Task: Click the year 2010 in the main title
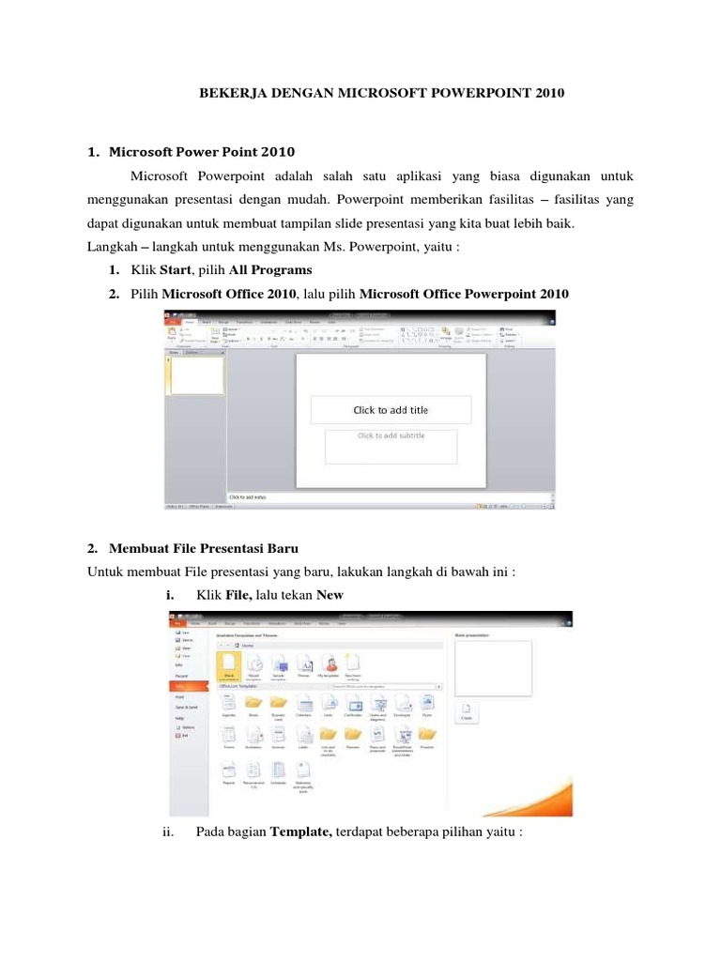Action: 551,96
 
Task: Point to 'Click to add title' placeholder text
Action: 391,409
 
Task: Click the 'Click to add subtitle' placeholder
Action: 391,435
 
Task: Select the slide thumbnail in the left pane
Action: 196,374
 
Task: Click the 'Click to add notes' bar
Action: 253,496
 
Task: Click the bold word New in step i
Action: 330,595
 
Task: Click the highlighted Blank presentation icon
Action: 228,665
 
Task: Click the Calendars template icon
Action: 303,705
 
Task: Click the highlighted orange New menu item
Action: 190,685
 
